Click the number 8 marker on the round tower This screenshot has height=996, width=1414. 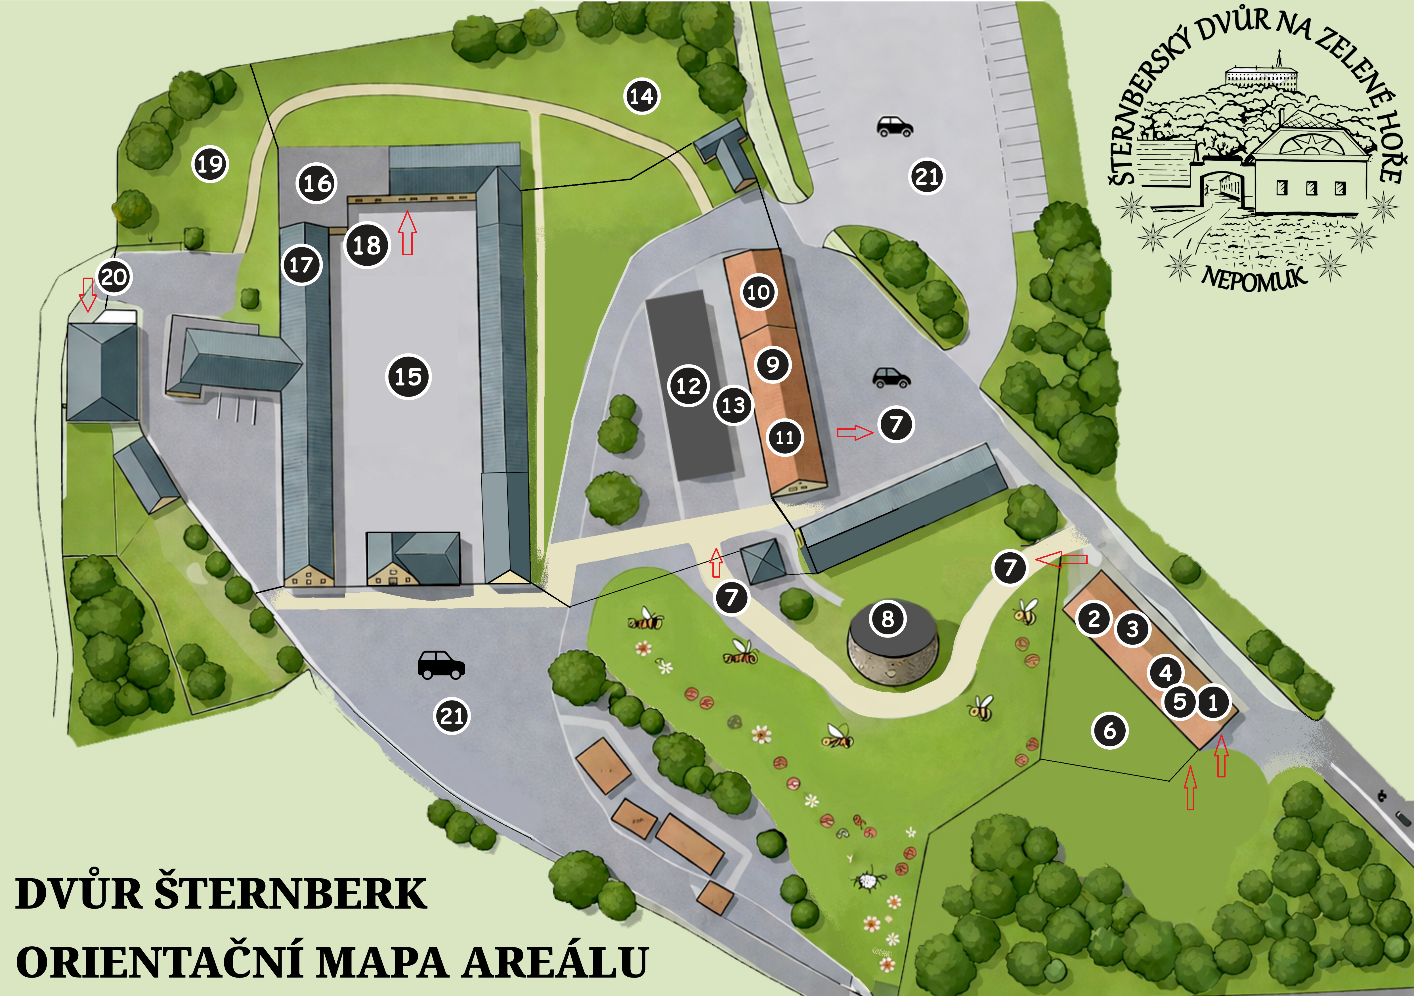click(888, 618)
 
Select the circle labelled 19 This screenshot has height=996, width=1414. click(210, 164)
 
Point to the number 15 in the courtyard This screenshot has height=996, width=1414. click(408, 376)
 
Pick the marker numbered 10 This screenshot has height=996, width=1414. click(758, 292)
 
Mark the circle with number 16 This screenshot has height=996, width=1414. click(317, 183)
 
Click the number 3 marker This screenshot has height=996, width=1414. click(1132, 629)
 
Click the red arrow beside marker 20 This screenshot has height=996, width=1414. click(88, 294)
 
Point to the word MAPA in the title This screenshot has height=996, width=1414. click(383, 962)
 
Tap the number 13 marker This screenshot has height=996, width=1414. click(733, 405)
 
